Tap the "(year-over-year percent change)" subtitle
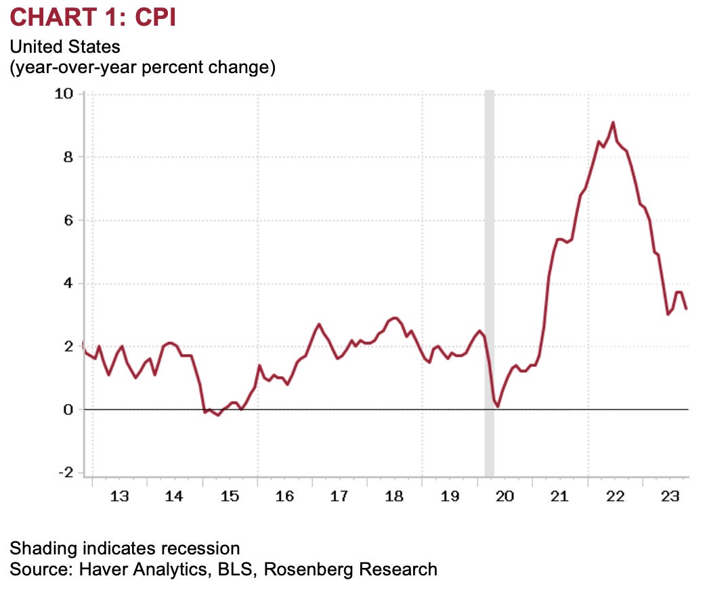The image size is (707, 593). pos(142,68)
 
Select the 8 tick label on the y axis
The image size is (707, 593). pos(68,157)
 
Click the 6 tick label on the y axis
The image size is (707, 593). pos(68,220)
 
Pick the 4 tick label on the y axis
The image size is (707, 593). pos(68,284)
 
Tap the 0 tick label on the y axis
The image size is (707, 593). pos(68,410)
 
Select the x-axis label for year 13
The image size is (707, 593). pos(119,497)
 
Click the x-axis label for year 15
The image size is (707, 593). pos(230,497)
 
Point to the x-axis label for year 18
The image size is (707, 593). pos(394,497)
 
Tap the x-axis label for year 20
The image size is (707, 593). pos(505,497)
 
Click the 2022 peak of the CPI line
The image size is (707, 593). pos(613,123)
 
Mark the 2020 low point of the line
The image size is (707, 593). pos(498,405)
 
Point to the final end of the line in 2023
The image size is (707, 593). pos(687,309)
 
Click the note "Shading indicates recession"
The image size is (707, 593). pos(125,548)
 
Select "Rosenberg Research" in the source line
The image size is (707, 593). pos(350,569)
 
